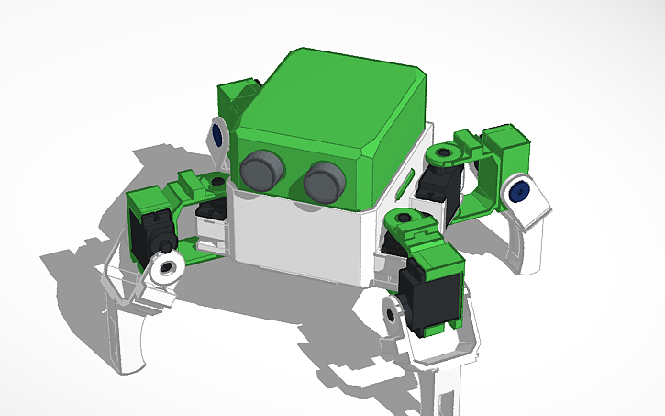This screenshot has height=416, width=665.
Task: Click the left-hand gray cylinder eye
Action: click(x=261, y=170)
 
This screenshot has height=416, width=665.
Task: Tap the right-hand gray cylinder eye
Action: click(x=323, y=181)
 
